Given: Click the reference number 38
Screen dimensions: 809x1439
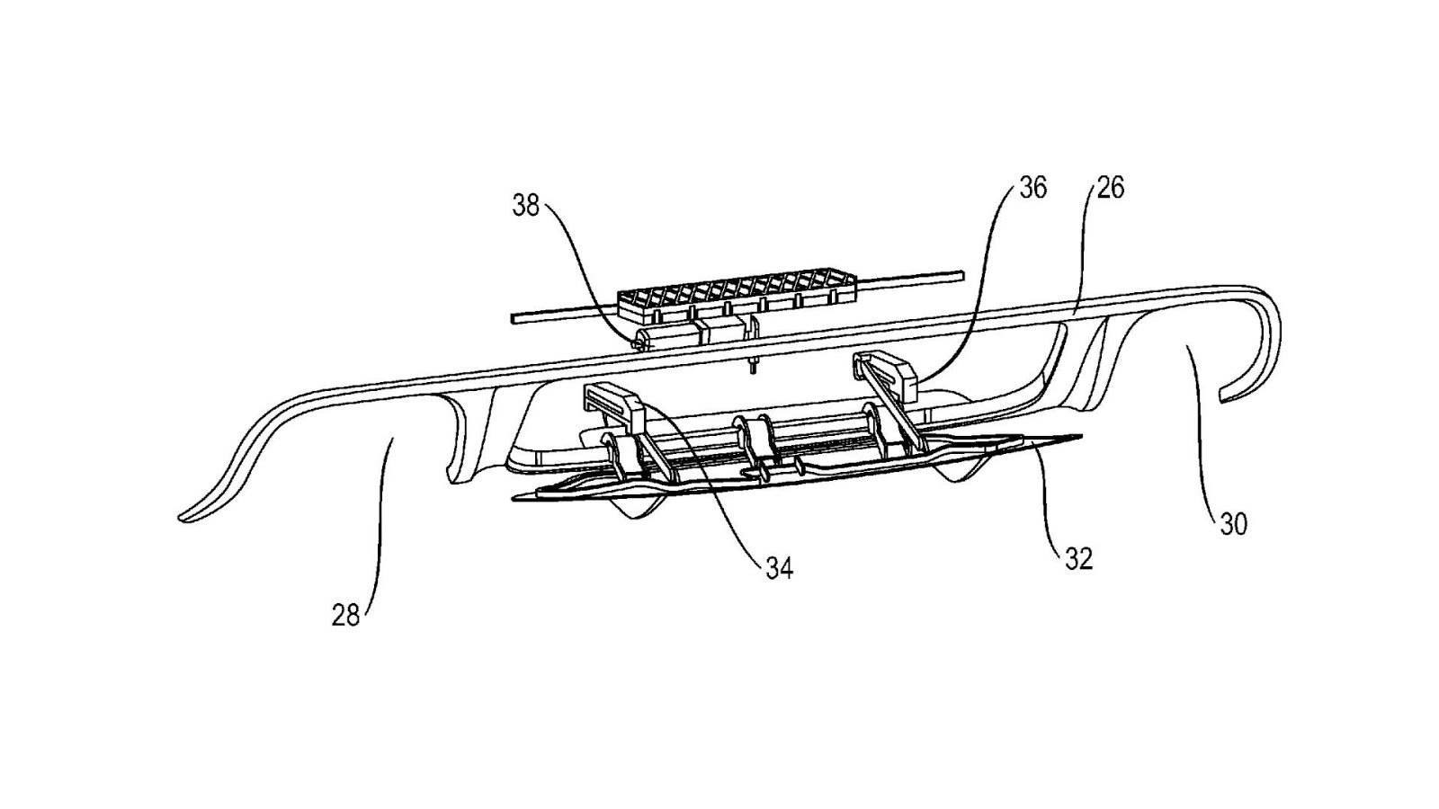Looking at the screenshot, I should tap(525, 206).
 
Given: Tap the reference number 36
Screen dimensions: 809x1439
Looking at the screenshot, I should tap(1032, 188).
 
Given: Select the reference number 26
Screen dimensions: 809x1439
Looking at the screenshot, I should tap(1111, 188).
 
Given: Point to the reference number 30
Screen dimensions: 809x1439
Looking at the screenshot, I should tap(1233, 524).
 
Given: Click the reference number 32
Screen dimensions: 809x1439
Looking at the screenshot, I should tap(1077, 558).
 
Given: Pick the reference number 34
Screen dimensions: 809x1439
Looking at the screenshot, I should tap(779, 568).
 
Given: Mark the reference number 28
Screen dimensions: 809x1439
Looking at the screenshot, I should tap(346, 616).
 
